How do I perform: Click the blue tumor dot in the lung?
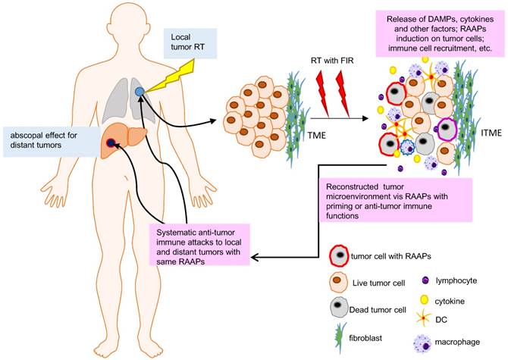click(x=139, y=92)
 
